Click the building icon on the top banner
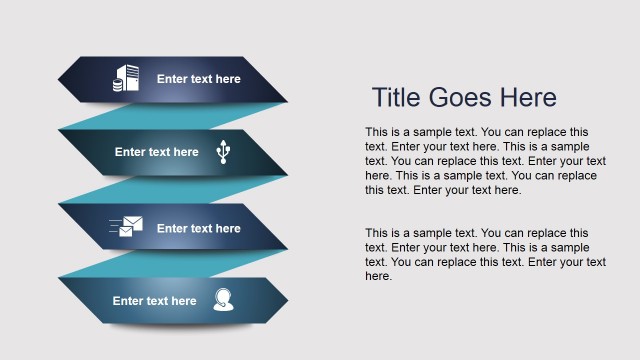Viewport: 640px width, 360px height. coord(126,79)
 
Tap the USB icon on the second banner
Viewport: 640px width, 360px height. coord(223,152)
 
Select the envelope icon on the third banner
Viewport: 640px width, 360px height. coord(126,228)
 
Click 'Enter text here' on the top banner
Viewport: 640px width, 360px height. coord(199,79)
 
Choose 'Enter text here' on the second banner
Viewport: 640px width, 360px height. coord(157,152)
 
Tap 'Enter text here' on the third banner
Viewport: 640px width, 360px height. coord(199,228)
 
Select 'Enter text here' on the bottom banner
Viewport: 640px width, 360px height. coord(155,300)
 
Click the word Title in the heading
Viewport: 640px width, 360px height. coord(397,98)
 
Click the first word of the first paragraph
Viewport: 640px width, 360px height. coord(377,132)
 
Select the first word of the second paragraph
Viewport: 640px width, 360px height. coord(377,233)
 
